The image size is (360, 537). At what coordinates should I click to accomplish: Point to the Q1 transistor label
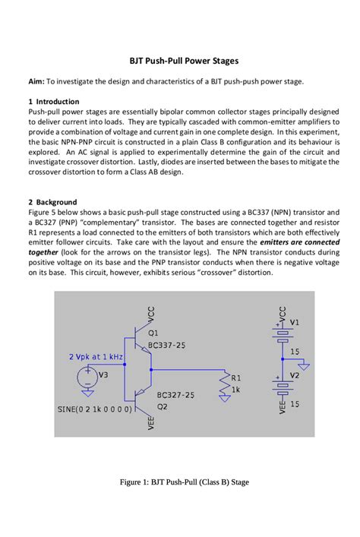[x=153, y=333]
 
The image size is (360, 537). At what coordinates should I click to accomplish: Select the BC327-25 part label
[x=175, y=395]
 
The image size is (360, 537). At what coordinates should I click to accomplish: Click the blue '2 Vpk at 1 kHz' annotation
[x=96, y=356]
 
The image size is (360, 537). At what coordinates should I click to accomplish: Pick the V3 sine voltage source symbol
[x=87, y=376]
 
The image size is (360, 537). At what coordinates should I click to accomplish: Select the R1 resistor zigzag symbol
[x=224, y=387]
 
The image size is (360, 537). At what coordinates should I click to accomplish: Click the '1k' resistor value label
[x=236, y=390]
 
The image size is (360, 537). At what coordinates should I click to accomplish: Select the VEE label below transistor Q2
[x=151, y=422]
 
